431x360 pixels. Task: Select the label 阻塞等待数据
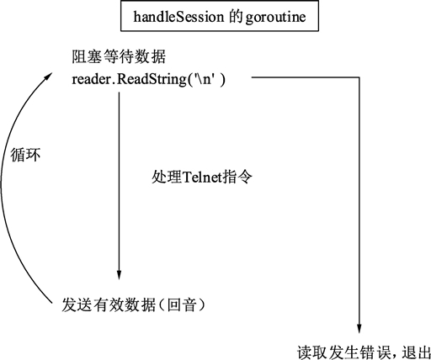click(119, 59)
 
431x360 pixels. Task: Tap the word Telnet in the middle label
click(203, 178)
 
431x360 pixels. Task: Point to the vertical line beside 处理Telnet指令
click(119, 178)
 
